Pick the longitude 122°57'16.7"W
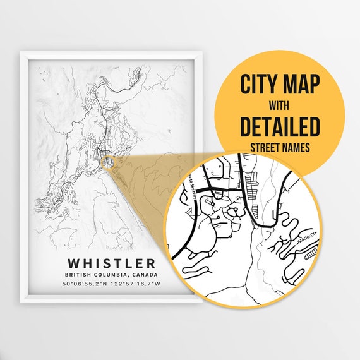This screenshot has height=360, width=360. pos(136,285)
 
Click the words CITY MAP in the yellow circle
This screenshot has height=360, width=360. pos(279,82)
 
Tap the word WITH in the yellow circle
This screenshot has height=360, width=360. pos(279,105)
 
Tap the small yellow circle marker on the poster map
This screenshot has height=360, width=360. pos(109,162)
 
